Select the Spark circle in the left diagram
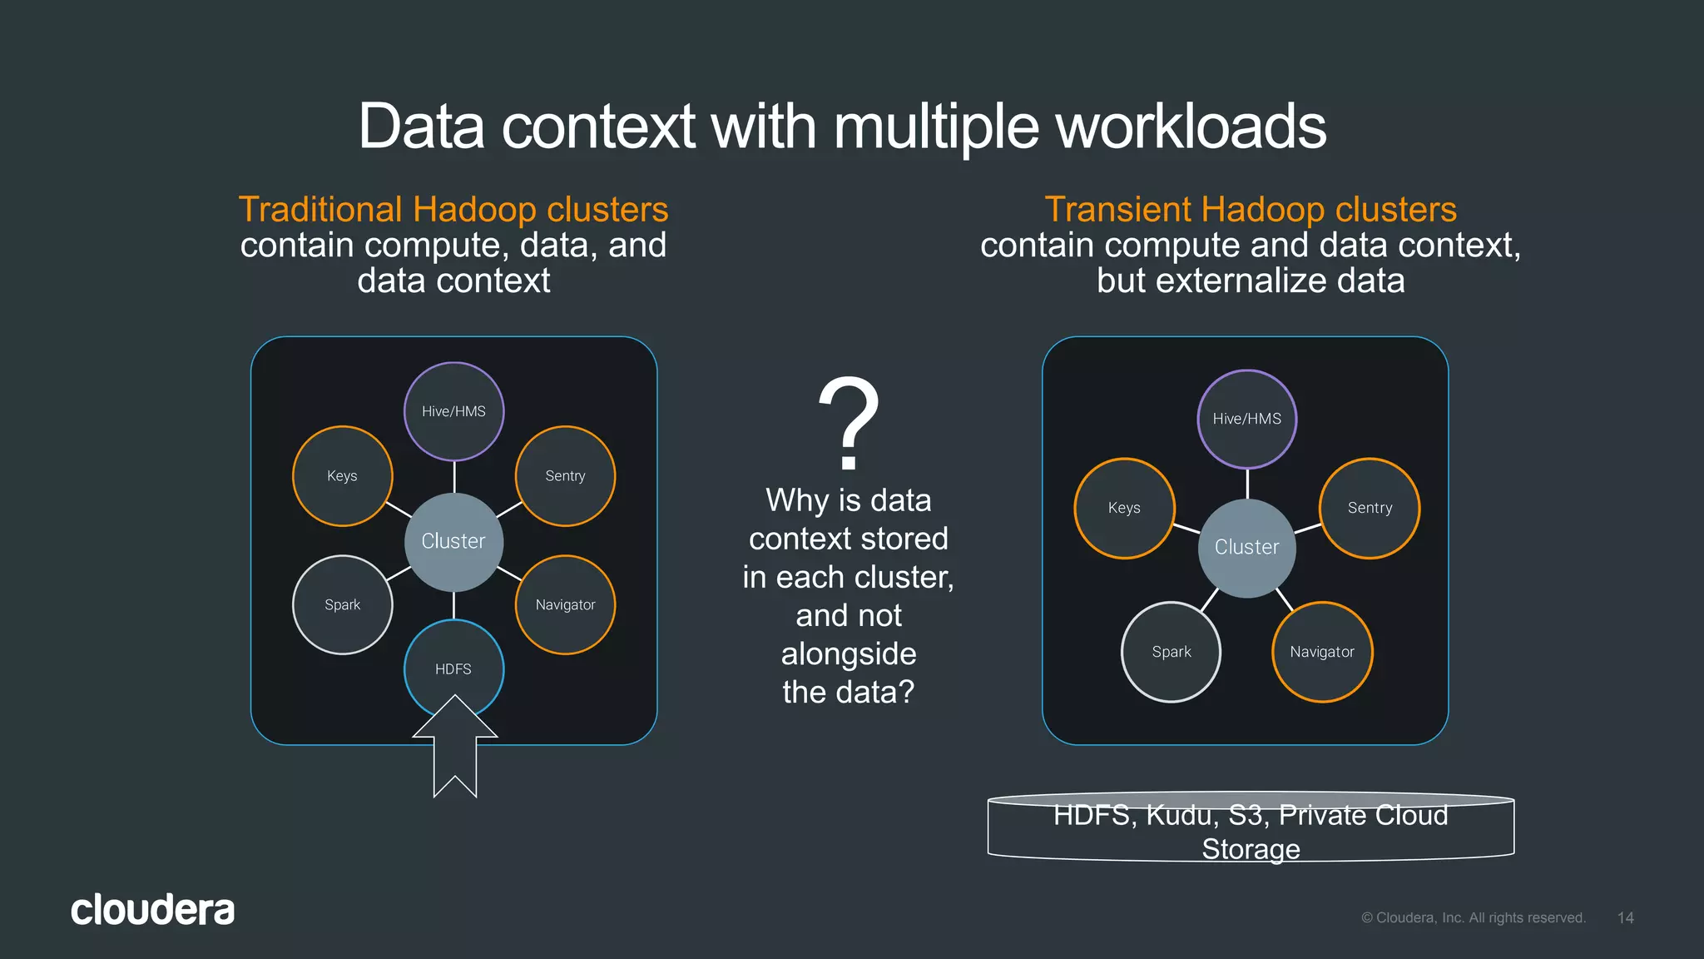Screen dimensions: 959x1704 342,604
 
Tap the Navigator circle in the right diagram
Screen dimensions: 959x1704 1322,652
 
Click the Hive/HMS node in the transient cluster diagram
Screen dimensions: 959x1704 1246,419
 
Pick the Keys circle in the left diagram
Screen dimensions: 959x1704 342,475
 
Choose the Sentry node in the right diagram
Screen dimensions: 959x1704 1370,508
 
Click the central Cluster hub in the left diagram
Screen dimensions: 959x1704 453,541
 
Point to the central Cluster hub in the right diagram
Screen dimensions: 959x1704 1246,547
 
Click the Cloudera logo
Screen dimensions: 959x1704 152,910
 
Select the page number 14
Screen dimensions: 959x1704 1625,917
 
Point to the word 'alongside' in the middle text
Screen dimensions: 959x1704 849,653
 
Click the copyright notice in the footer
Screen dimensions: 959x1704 1473,917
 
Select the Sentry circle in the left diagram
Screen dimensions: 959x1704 565,475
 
